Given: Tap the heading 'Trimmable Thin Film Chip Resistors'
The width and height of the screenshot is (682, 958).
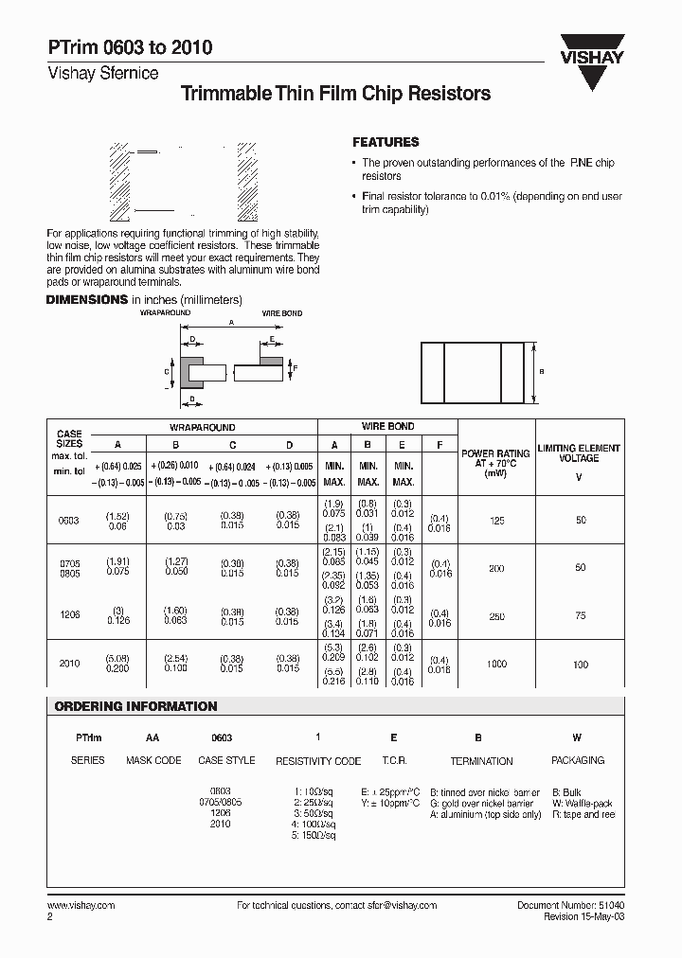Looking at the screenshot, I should (334, 94).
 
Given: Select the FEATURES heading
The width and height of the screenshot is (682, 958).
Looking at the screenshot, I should (386, 142).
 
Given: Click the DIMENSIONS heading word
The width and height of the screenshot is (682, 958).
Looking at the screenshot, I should (87, 299).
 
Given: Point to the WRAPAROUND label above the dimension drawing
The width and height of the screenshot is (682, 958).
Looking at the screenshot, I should (165, 311).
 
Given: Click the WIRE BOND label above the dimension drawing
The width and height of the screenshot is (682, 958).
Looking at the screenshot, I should (281, 312).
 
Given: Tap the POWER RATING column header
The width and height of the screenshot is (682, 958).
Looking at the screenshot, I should (495, 459).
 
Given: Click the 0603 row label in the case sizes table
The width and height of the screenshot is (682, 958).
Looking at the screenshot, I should (69, 521).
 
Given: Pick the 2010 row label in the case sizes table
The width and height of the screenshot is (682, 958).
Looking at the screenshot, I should (69, 664).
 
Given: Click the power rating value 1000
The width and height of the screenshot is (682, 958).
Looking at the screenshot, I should (495, 665).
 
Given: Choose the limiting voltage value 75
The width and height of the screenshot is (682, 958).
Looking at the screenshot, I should (580, 615).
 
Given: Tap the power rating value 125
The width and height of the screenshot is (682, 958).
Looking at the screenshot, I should (495, 520).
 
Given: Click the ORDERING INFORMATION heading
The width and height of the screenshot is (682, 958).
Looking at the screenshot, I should (135, 706).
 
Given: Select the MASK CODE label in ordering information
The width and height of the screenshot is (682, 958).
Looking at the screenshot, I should (153, 760).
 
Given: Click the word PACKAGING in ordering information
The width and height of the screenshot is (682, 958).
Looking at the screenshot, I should (577, 760).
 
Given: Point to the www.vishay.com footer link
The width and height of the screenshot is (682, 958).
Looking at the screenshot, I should (81, 905).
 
